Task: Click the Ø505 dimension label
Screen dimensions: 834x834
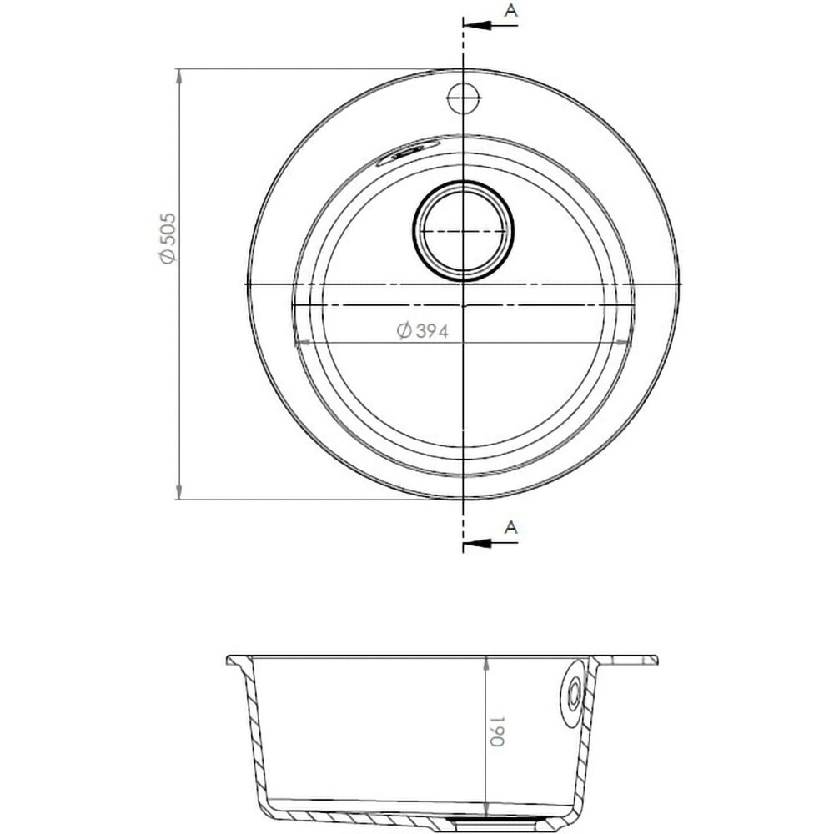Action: (168, 239)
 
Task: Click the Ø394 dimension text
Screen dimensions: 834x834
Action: (423, 331)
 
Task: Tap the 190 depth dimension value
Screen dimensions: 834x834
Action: (496, 731)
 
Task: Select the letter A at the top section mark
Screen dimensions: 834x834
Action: (510, 9)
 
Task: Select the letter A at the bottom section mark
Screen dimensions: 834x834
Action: (510, 527)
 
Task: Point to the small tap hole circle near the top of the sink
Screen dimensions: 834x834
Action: (464, 98)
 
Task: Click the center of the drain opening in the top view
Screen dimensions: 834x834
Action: (463, 231)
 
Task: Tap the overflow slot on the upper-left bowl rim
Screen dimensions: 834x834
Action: (408, 152)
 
